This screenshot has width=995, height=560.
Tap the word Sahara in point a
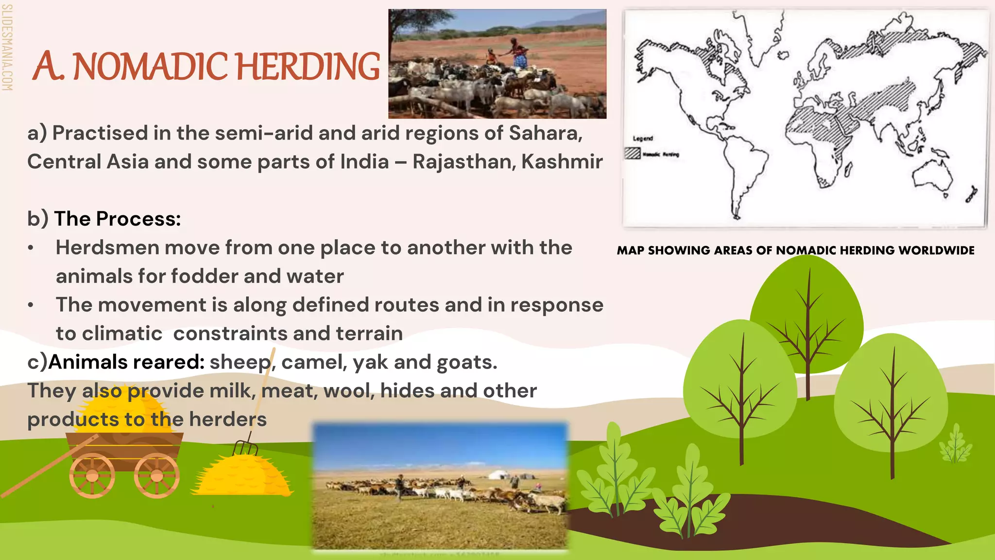[545, 133]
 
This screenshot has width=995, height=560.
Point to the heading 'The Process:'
[117, 219]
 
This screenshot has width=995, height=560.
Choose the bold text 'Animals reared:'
[126, 362]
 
